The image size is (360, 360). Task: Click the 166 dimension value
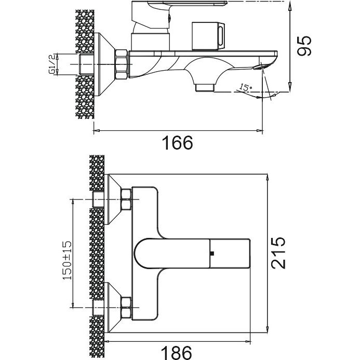pyautogui.click(x=178, y=143)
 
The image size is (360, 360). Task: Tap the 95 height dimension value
pyautogui.click(x=304, y=46)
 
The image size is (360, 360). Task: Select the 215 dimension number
pyautogui.click(x=278, y=253)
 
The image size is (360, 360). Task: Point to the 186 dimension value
pyautogui.click(x=176, y=353)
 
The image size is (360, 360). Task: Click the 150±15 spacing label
pyautogui.click(x=67, y=260)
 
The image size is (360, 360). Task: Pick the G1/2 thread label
pyautogui.click(x=52, y=64)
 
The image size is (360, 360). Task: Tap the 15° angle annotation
pyautogui.click(x=245, y=87)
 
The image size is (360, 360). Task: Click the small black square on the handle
pyautogui.click(x=212, y=254)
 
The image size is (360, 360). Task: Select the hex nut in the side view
pyautogui.click(x=121, y=64)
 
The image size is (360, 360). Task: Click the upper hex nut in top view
pyautogui.click(x=126, y=199)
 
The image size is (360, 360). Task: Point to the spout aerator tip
pyautogui.click(x=259, y=67)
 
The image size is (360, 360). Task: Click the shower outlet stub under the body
pyautogui.click(x=205, y=88)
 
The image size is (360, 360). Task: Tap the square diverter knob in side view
pyautogui.click(x=207, y=36)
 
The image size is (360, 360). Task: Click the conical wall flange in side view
pyautogui.click(x=104, y=64)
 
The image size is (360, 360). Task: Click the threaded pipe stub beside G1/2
pyautogui.click(x=86, y=64)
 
